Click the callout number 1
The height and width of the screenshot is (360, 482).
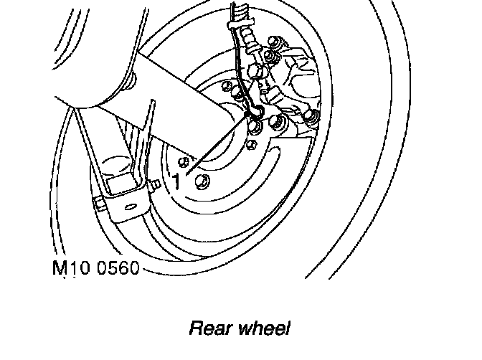pyautogui.click(x=176, y=181)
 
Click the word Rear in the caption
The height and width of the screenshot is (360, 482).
pyautogui.click(x=208, y=329)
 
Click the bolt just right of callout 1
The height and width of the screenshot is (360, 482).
pyautogui.click(x=203, y=182)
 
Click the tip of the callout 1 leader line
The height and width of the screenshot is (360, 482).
pyautogui.click(x=250, y=115)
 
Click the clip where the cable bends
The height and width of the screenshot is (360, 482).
pyautogui.click(x=252, y=109)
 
